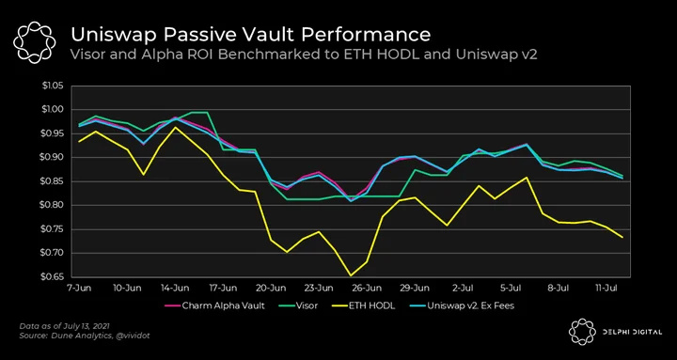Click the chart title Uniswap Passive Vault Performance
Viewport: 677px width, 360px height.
[x=250, y=35]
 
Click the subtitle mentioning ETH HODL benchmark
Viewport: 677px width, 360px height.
[x=304, y=55]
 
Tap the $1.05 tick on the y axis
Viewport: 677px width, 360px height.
[x=53, y=86]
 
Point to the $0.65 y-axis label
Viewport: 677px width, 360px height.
[x=53, y=276]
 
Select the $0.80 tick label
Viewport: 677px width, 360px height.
[x=53, y=205]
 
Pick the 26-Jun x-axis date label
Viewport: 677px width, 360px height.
[x=370, y=287]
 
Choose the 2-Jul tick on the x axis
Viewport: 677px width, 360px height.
[x=464, y=287]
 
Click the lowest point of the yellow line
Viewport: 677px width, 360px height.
[x=350, y=275]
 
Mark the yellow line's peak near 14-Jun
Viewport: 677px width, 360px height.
[x=176, y=127]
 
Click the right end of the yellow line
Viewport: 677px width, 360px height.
[x=622, y=238]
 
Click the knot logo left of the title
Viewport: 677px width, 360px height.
[x=35, y=41]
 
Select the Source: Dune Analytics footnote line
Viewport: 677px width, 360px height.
[x=85, y=336]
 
